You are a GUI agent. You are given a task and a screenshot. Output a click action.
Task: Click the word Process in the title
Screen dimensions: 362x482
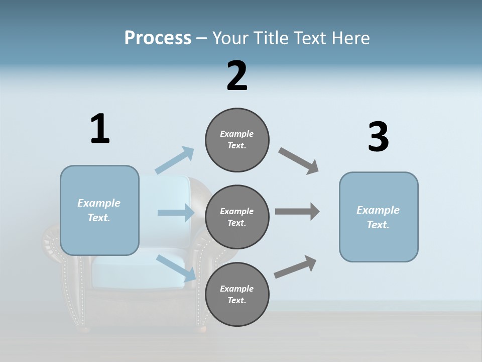158,38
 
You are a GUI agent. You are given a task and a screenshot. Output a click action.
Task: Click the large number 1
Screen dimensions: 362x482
100,129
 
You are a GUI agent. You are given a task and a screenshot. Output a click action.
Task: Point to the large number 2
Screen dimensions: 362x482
237,76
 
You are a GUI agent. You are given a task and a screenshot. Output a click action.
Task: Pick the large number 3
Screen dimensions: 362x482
378,137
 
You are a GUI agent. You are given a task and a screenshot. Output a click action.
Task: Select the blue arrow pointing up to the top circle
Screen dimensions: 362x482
175,160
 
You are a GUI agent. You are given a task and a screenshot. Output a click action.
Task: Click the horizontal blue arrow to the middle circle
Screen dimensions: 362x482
176,213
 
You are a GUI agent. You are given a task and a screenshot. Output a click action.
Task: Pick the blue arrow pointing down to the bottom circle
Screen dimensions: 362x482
176,267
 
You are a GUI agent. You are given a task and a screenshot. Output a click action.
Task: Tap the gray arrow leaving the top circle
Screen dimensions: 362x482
299,161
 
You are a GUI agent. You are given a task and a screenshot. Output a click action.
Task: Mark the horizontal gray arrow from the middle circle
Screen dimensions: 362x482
297,211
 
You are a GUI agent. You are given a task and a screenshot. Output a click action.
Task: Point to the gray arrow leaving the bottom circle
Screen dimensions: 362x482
295,266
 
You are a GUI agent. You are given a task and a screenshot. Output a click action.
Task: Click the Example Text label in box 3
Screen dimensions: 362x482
378,217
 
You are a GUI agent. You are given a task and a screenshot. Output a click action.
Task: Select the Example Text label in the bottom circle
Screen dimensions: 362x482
236,294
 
